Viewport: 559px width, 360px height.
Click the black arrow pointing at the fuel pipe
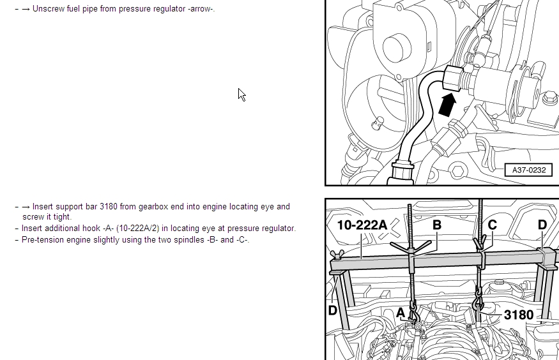click(x=447, y=104)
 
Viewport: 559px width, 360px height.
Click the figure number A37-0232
click(x=529, y=170)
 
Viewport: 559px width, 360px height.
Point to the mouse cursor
click(x=241, y=94)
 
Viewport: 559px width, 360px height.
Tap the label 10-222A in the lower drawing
click(x=362, y=225)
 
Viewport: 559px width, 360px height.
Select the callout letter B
click(x=437, y=225)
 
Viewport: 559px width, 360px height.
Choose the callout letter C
click(x=492, y=225)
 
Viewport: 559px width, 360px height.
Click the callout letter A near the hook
click(x=401, y=313)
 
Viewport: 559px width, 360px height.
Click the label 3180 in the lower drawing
click(x=519, y=315)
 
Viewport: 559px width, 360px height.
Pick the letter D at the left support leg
click(x=332, y=310)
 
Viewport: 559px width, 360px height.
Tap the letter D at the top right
click(x=542, y=225)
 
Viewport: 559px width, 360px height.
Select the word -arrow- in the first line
click(x=201, y=8)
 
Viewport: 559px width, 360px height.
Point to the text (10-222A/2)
click(x=137, y=229)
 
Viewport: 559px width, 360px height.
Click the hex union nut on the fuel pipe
click(x=453, y=78)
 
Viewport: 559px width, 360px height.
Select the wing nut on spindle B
click(x=411, y=247)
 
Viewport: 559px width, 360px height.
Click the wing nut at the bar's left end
click(x=337, y=255)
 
